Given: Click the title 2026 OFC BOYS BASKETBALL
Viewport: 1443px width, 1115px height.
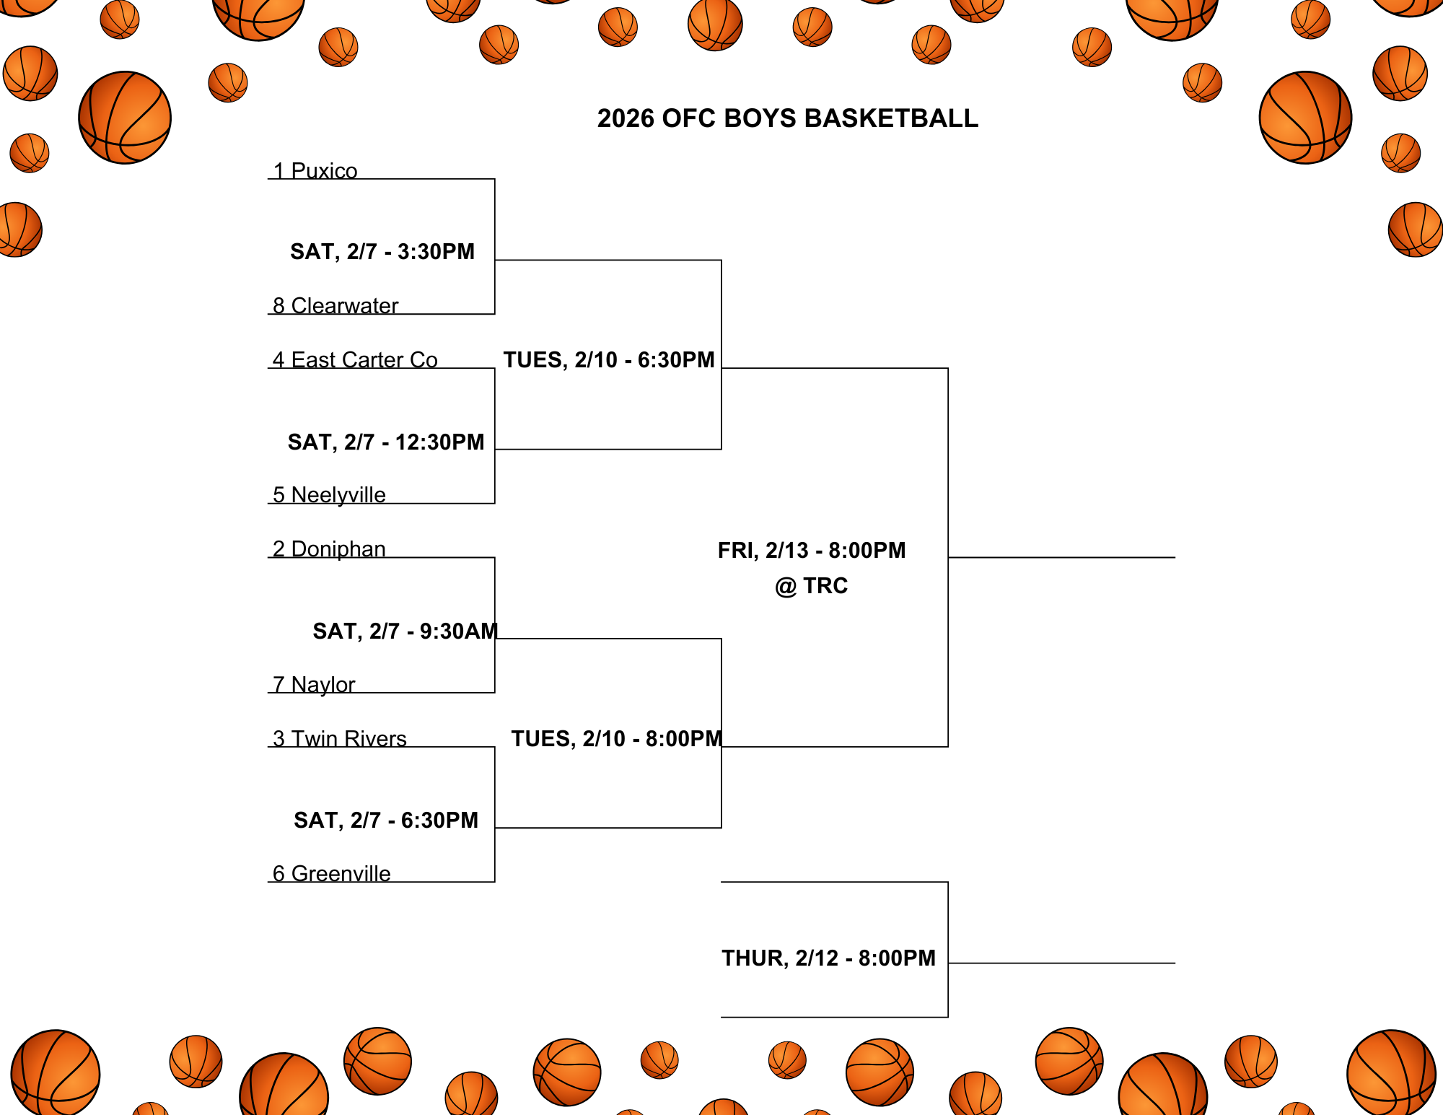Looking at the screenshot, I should (x=787, y=118).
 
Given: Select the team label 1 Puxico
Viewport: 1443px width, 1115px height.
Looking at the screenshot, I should (x=315, y=171).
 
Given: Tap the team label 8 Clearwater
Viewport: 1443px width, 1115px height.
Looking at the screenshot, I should (x=335, y=306).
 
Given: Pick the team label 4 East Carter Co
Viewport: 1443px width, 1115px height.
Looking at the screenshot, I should (x=355, y=359).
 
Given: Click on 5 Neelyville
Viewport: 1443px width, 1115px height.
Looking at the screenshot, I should (x=329, y=495).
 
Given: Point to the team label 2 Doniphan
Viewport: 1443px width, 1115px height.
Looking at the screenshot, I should (x=329, y=549).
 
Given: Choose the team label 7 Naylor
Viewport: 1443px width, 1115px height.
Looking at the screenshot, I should (x=314, y=684).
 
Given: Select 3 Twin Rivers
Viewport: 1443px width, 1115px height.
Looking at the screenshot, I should (x=340, y=738).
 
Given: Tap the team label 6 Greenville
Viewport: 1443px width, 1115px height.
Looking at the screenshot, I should (x=332, y=873).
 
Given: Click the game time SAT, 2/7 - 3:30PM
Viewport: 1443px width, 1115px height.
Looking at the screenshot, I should (x=382, y=252).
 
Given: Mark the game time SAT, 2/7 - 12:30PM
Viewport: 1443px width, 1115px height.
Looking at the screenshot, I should (x=386, y=442).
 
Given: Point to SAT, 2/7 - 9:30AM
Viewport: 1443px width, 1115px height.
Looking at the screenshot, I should (x=405, y=631).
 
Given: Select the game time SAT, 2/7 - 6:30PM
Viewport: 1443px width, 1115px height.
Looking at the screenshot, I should (x=386, y=821).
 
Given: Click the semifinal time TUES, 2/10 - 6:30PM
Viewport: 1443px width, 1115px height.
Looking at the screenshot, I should (x=609, y=360).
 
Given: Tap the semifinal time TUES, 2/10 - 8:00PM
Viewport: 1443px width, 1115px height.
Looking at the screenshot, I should (x=616, y=739).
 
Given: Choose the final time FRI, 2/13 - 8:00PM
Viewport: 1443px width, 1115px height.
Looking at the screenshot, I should (x=812, y=551).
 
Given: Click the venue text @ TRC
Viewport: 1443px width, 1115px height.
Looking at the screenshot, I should (x=812, y=586).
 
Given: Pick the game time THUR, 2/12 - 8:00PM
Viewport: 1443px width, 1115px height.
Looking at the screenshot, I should (x=828, y=958).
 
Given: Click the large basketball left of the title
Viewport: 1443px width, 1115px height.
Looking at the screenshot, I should (x=125, y=118).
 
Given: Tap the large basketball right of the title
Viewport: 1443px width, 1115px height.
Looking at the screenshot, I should (x=1305, y=118).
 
